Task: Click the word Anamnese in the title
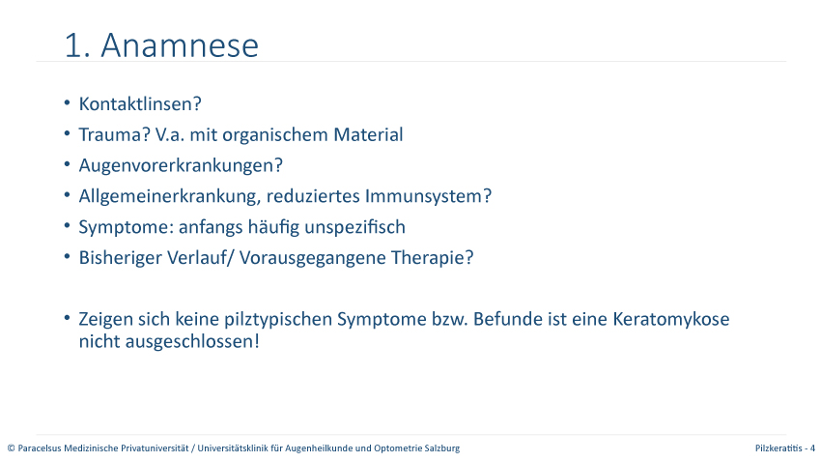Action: tap(180, 45)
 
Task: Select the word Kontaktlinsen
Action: tap(136, 103)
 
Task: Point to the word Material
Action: tap(368, 134)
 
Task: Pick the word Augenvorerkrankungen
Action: tap(177, 165)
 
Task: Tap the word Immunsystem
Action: tap(423, 196)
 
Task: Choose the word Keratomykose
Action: tap(670, 319)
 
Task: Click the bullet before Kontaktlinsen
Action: tap(67, 103)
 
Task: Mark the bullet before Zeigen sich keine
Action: tap(67, 318)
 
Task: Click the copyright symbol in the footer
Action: tap(11, 448)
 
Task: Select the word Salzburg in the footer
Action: tap(442, 448)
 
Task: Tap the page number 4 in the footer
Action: tap(812, 448)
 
